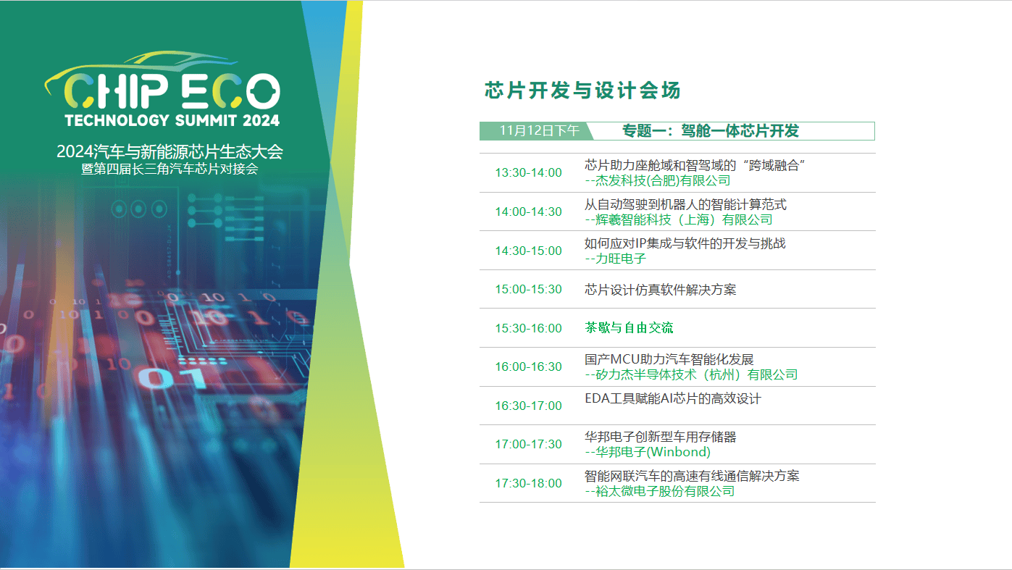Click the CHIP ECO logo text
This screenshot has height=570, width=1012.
(x=172, y=91)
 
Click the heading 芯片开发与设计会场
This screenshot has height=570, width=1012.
(x=582, y=91)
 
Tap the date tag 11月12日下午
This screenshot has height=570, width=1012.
(x=539, y=130)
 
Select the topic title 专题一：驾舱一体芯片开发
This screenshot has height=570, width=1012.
(x=710, y=130)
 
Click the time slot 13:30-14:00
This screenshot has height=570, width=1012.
(x=528, y=173)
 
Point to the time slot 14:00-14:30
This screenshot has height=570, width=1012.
(x=528, y=212)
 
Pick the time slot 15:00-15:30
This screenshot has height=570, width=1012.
(x=528, y=290)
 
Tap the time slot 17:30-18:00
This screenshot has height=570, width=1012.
(x=528, y=483)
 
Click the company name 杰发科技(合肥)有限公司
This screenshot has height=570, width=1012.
(x=662, y=181)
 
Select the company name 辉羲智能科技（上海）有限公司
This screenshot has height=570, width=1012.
(x=683, y=220)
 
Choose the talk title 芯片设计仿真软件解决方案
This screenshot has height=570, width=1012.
(x=660, y=290)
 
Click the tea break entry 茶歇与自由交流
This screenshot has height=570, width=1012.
(x=629, y=328)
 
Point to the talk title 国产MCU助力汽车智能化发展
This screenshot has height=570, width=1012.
(x=669, y=359)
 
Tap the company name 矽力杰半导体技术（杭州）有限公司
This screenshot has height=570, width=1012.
(x=695, y=374)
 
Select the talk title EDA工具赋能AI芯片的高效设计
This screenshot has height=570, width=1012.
(x=673, y=398)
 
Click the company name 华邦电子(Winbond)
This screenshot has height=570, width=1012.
(x=652, y=452)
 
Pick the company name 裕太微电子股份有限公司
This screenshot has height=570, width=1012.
(x=664, y=491)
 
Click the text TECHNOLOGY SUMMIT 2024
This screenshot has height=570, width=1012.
(x=172, y=120)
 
